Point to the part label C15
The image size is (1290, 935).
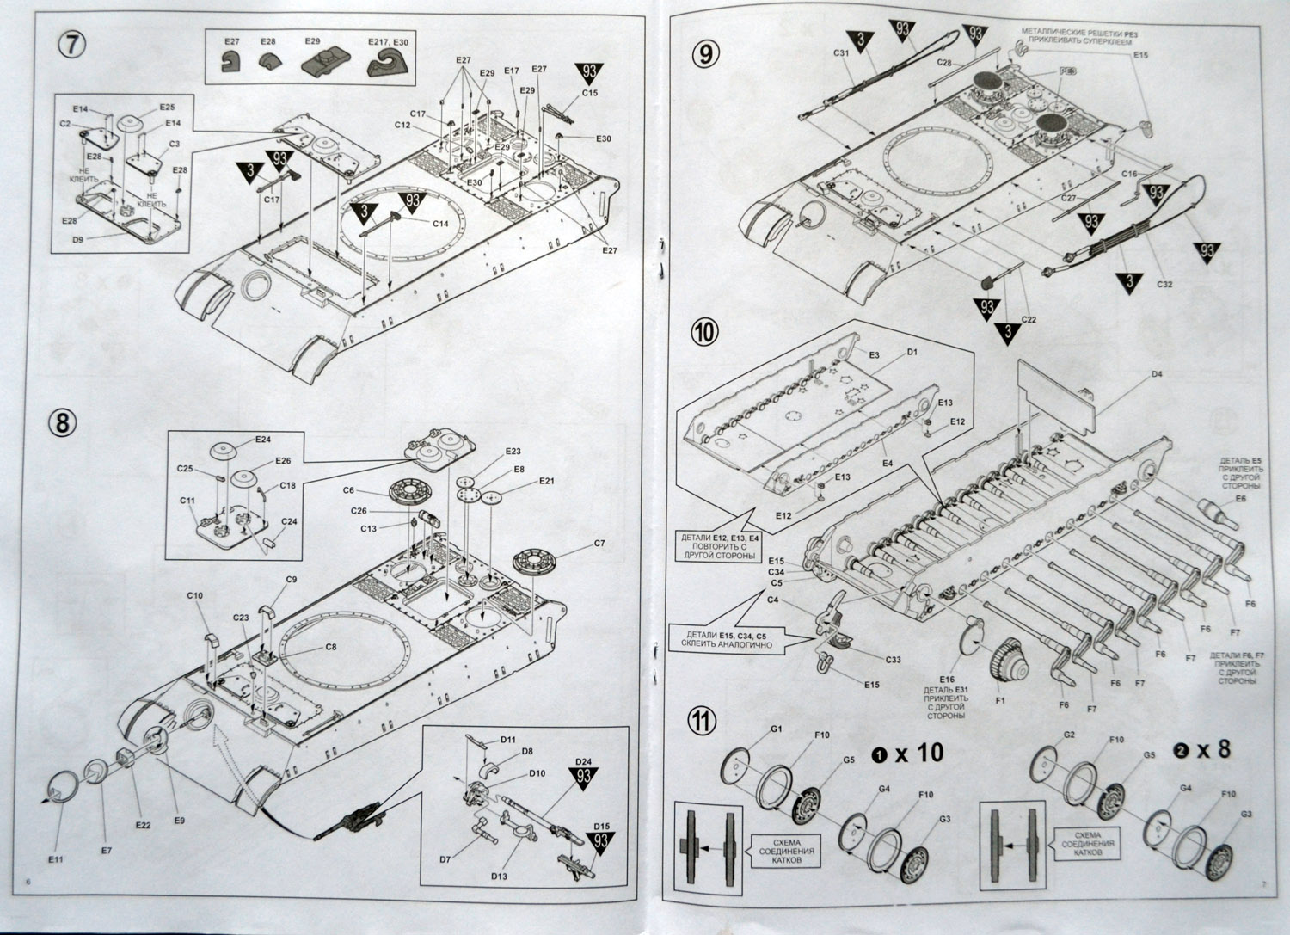(x=589, y=93)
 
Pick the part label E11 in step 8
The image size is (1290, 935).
(x=57, y=834)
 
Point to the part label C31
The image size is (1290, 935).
(x=841, y=52)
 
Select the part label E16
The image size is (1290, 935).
(x=948, y=680)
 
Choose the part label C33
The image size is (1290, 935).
(x=893, y=659)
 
